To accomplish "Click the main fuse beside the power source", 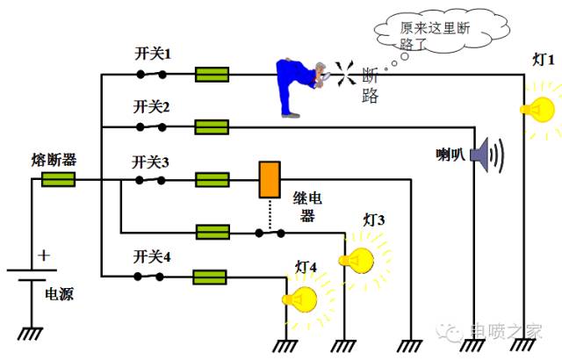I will [58, 180].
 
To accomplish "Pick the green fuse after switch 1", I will [212, 75].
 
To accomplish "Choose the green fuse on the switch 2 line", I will [212, 127].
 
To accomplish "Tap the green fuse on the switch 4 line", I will [212, 277].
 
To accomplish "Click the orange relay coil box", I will [269, 179].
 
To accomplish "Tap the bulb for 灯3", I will [358, 258].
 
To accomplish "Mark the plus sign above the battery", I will [44, 256].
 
